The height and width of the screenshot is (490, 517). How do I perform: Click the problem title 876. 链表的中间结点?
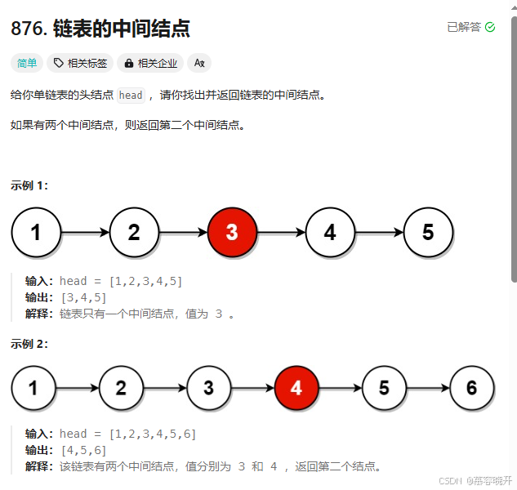(100, 29)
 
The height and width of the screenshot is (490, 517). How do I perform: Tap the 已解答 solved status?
(462, 27)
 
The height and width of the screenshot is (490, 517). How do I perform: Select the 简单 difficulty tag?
(27, 63)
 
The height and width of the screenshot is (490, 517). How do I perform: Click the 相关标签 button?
(80, 63)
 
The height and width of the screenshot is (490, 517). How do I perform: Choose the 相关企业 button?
(150, 63)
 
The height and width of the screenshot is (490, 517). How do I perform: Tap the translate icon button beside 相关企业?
(198, 63)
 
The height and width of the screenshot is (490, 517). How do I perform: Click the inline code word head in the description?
(131, 96)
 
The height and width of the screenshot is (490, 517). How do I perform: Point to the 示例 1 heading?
(29, 185)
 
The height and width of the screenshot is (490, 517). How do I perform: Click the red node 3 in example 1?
(232, 232)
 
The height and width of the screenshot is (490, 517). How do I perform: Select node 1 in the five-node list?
(36, 232)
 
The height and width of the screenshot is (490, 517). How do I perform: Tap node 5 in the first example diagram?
(428, 232)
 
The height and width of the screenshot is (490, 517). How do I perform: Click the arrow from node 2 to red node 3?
(183, 233)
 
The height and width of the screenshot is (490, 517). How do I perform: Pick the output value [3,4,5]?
(83, 296)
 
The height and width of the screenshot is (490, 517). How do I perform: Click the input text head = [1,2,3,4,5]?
(121, 281)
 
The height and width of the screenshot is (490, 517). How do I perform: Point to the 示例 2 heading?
(29, 344)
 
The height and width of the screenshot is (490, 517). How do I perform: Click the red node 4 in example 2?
(296, 388)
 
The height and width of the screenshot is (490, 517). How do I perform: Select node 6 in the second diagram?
(472, 388)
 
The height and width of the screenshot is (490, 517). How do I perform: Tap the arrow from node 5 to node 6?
(428, 389)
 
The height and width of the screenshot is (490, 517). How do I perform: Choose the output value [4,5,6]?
(83, 450)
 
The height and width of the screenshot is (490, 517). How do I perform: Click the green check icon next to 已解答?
(490, 27)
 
